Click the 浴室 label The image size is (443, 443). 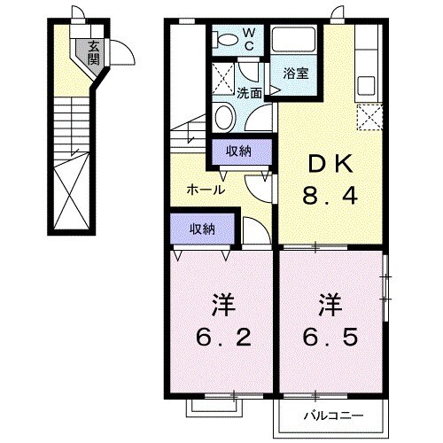pyautogui.click(x=296, y=74)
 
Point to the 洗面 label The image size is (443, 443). pyautogui.click(x=249, y=91)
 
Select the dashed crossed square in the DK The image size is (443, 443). pyautogui.click(x=367, y=116)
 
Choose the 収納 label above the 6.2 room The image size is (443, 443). pyautogui.click(x=202, y=229)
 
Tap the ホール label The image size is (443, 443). pyautogui.click(x=205, y=190)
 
